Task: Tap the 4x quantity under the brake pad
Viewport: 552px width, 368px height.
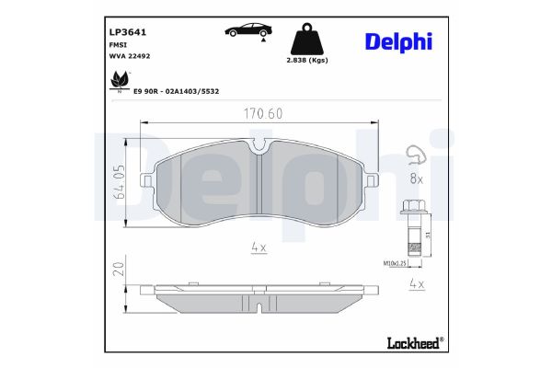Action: click(x=259, y=247)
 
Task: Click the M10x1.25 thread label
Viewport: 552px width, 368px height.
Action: click(x=396, y=263)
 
